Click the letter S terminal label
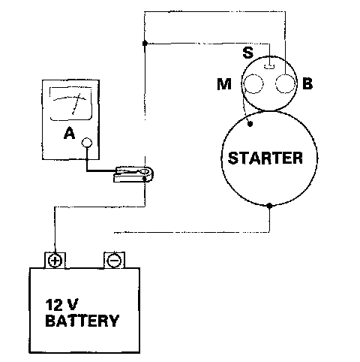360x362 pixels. pyautogui.click(x=247, y=53)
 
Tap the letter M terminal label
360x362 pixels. pyautogui.click(x=224, y=84)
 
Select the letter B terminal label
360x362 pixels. pyautogui.click(x=307, y=83)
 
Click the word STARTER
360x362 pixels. pyautogui.click(x=265, y=158)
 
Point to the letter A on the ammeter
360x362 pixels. pyautogui.click(x=69, y=133)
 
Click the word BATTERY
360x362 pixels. pyautogui.click(x=82, y=321)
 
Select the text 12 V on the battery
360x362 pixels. pyautogui.click(x=61, y=305)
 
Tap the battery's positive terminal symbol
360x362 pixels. pyautogui.click(x=55, y=261)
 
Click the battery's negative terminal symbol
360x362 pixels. pyautogui.click(x=114, y=261)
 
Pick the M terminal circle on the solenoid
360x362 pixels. pyautogui.click(x=253, y=84)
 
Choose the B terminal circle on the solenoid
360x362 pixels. pyautogui.click(x=285, y=84)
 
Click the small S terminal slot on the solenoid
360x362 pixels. pyautogui.click(x=269, y=66)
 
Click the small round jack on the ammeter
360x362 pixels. pyautogui.click(x=87, y=143)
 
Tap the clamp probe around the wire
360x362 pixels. pyautogui.click(x=133, y=174)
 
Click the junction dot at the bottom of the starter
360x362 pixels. pyautogui.click(x=269, y=206)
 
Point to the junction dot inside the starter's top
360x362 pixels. pyautogui.click(x=250, y=124)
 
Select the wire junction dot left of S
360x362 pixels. pyautogui.click(x=145, y=44)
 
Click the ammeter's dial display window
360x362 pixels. pyautogui.click(x=70, y=104)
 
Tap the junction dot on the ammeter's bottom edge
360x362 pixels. pyautogui.click(x=87, y=159)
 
